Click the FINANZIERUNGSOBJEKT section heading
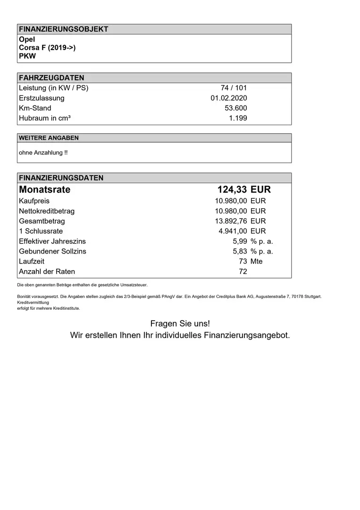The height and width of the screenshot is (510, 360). coord(63,29)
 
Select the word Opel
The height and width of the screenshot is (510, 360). coord(27,40)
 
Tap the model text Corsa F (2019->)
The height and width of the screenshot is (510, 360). coord(47,48)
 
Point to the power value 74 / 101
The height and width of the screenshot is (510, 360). coord(234,88)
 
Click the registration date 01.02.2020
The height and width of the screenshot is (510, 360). coord(228,98)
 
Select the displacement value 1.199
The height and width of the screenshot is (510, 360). coord(238,118)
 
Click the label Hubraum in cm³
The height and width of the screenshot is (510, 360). coord(45,118)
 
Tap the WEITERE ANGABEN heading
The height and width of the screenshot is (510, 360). coord(49,138)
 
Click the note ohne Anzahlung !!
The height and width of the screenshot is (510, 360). coord(43,153)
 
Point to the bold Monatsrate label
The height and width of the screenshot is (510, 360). coord(44,190)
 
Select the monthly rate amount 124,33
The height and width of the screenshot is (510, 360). coord(232,190)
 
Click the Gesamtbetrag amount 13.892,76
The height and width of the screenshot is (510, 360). coord(231,221)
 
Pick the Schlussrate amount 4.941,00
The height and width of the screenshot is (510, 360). coord(233,231)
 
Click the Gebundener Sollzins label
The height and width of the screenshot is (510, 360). coord(52,251)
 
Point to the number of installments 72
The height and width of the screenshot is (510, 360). coord(243,272)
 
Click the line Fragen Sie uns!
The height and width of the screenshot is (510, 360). coord(180,323)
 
